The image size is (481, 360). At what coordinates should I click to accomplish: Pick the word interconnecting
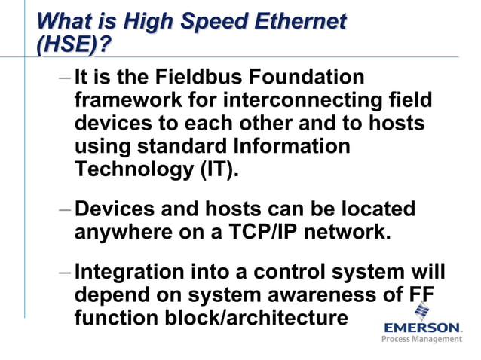[x=311, y=100]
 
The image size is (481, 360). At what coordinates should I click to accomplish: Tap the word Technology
[x=134, y=169]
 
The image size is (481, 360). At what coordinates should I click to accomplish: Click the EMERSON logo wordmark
[x=422, y=328]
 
